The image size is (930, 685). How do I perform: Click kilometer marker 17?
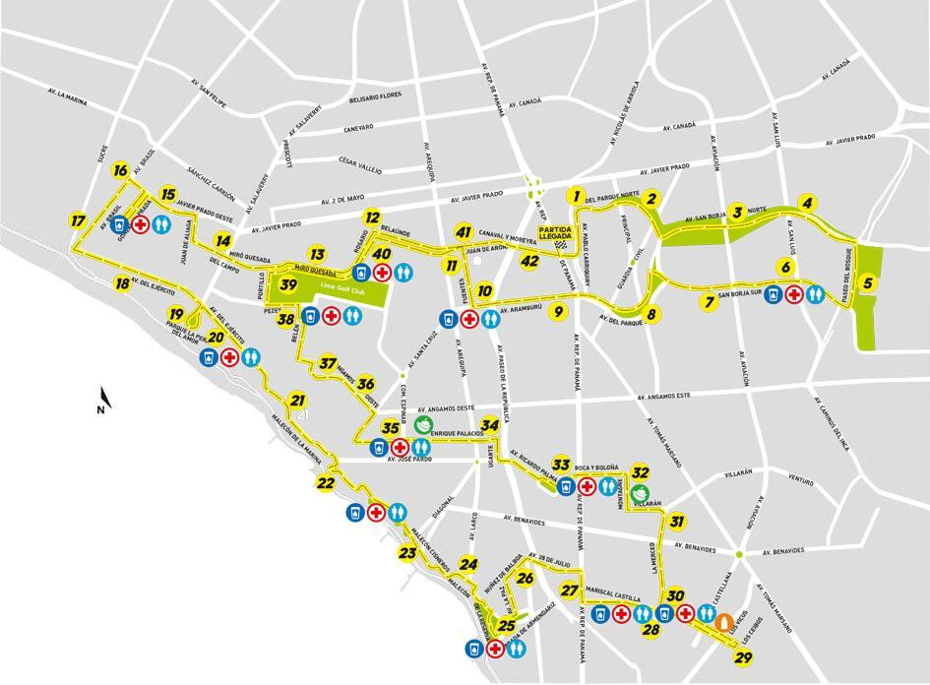point(78,220)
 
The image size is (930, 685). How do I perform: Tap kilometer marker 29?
point(744,658)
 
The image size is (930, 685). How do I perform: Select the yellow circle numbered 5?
point(867,283)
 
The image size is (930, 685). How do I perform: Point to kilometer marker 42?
point(530,261)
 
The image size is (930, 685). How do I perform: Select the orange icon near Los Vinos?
point(723,621)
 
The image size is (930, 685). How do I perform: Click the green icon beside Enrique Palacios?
point(423,425)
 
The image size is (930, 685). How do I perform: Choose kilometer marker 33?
point(561,464)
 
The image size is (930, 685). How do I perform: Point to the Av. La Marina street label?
point(68,95)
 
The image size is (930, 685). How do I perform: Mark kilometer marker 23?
point(407,553)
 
